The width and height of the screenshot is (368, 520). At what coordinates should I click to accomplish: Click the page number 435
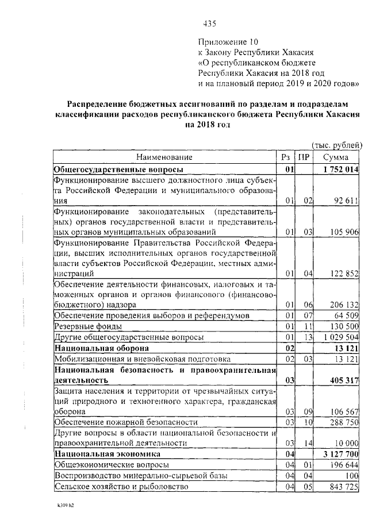[210, 24]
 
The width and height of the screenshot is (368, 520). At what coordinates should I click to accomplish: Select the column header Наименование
[164, 157]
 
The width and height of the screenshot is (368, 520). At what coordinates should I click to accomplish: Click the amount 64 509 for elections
[346, 315]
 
